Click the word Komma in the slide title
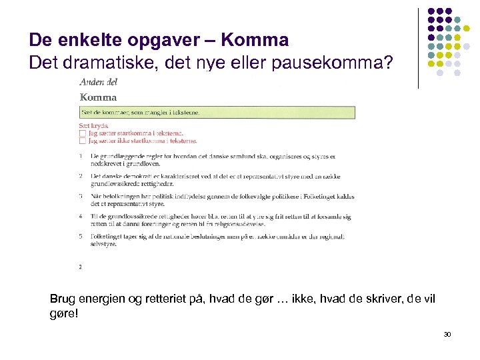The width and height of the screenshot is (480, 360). pos(254,40)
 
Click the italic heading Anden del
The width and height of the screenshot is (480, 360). pos(98,82)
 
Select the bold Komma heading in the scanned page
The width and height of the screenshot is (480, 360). pos(98,97)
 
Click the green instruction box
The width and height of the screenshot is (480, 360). pos(217,112)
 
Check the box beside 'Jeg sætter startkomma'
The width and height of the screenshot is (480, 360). pos(82,133)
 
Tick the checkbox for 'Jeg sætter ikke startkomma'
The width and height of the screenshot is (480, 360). pos(82,141)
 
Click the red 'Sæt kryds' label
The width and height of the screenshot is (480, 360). pos(94,125)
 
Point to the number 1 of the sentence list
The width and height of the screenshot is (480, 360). pos(80,156)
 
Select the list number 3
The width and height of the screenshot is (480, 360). pos(80,197)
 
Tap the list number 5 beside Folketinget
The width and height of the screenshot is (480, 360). pos(80,237)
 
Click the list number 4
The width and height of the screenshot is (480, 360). pos(80,217)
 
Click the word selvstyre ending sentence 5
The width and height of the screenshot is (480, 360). pos(103,244)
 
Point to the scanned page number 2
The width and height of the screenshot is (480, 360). pos(80,267)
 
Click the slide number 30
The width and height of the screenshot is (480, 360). pos(447,334)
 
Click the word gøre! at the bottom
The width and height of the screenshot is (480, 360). pos(64,313)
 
